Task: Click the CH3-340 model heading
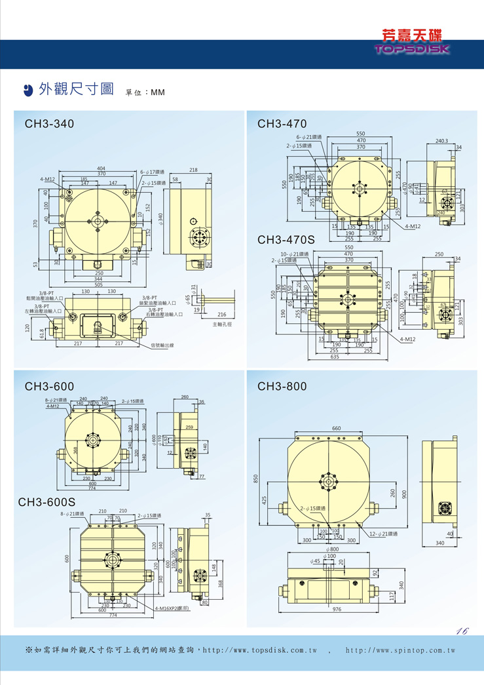point(49,123)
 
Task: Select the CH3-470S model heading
point(286,240)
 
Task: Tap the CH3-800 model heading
point(282,387)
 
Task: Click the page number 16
point(462,631)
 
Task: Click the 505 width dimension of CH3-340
point(98,284)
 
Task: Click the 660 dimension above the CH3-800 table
point(336,428)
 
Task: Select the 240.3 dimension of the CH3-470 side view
point(441,140)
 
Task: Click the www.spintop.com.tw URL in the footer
point(400,650)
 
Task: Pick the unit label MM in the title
point(158,92)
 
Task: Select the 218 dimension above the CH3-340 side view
point(193,170)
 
